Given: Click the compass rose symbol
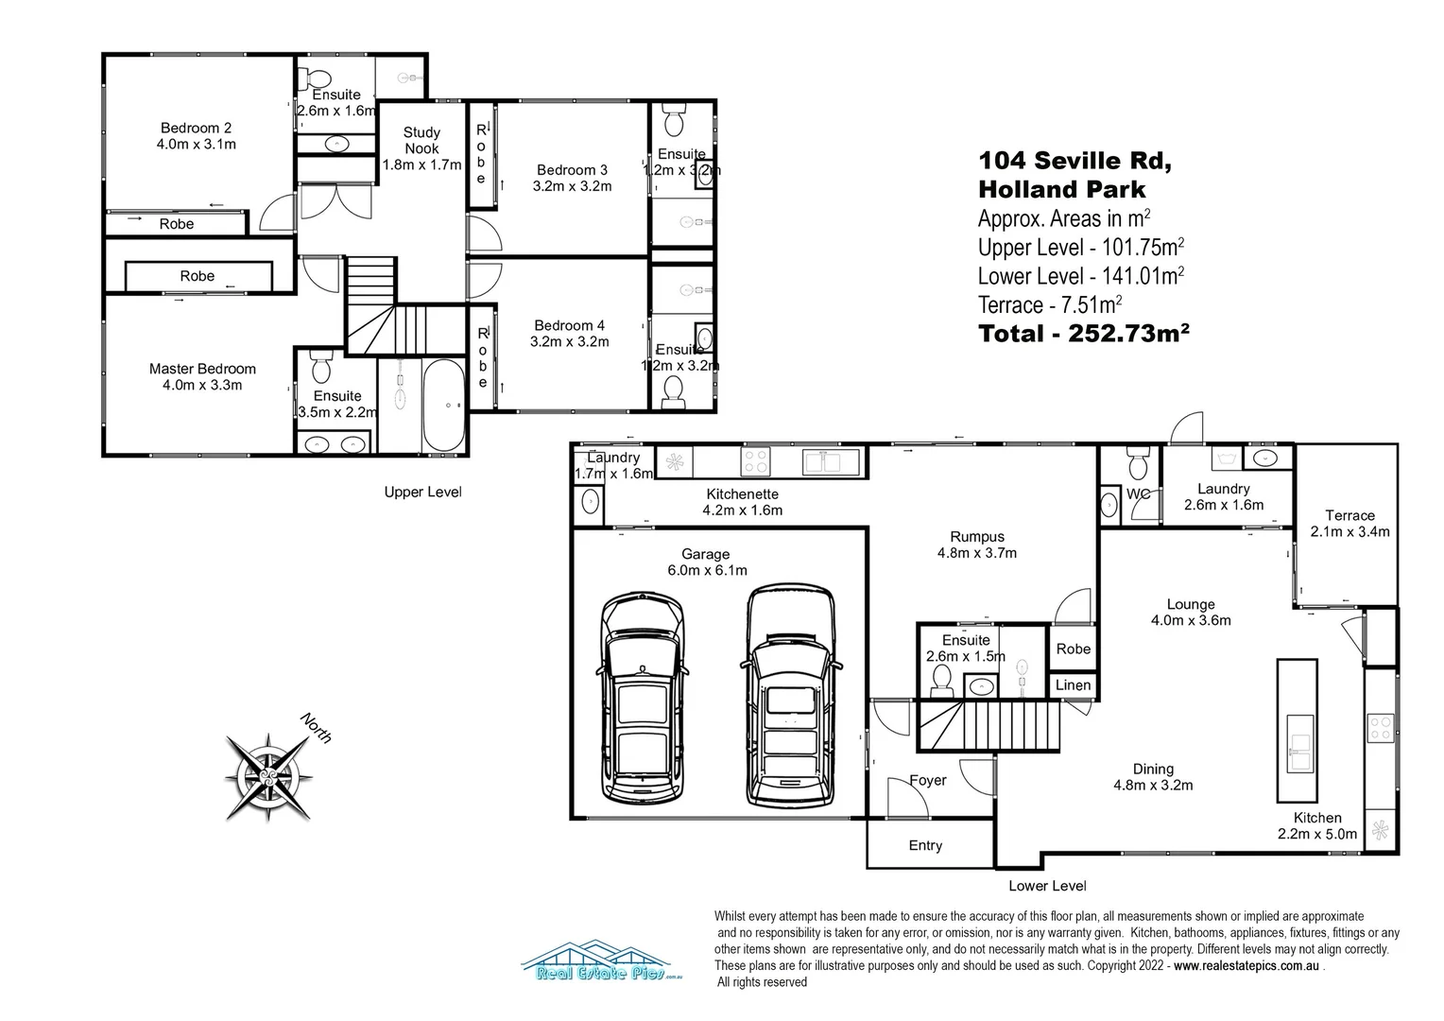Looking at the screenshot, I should (x=269, y=777).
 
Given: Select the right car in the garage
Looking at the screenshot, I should (x=792, y=696).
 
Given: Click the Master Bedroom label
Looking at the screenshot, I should (x=202, y=369).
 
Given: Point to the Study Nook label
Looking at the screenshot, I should (x=421, y=141).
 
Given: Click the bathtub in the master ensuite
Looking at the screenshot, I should (x=442, y=407).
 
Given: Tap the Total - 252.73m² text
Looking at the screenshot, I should (x=1083, y=334).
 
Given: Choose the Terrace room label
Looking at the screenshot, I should (x=1349, y=515).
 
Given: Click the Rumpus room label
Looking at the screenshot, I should (x=976, y=537).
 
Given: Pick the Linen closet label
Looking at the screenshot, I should (x=1073, y=684).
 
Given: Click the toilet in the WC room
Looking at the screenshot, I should (x=1137, y=465).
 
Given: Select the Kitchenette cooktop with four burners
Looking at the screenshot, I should (x=756, y=461).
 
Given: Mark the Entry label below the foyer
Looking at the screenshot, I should (x=925, y=845).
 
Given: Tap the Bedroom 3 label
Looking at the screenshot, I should (x=572, y=170).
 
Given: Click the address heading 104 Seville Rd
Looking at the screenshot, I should (x=1074, y=161).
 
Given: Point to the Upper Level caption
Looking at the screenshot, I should (x=422, y=492).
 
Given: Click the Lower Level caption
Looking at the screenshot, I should (x=1047, y=886).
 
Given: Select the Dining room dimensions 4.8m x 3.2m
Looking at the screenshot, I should (x=1153, y=785).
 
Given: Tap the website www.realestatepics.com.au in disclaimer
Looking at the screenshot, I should (x=1246, y=965).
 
